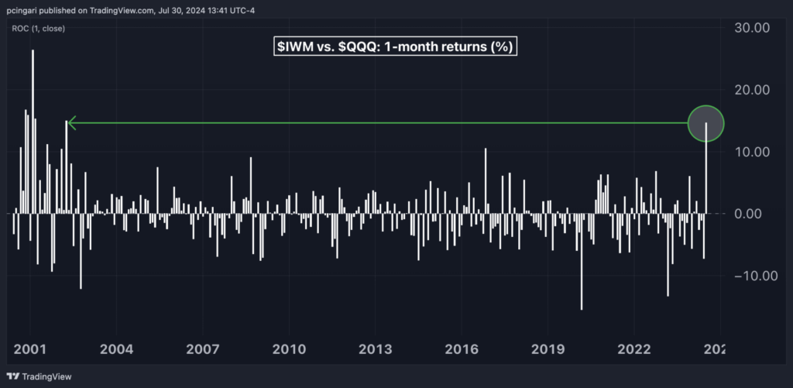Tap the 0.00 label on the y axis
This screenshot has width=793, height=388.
752,214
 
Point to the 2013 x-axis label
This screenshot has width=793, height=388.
375,348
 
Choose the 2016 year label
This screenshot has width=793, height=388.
462,348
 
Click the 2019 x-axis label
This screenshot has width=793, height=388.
548,348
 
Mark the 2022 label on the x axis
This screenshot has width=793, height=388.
633,348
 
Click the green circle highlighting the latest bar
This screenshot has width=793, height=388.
705,122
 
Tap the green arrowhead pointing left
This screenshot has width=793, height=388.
70,122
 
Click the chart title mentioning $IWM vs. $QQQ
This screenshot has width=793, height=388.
396,46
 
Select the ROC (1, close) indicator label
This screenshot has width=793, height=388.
38,29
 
